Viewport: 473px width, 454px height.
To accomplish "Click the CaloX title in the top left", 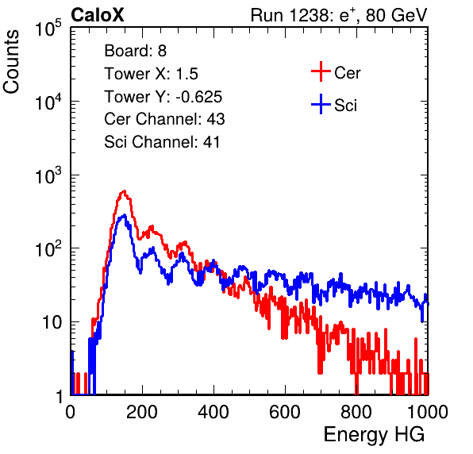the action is click(x=98, y=15).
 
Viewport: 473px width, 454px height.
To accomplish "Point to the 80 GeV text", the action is click(x=397, y=15).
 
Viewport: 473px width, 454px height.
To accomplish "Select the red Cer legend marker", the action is click(x=321, y=71).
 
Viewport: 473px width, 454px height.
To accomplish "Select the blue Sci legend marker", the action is click(x=321, y=104).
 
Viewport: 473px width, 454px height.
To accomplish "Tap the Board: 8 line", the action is click(x=135, y=51).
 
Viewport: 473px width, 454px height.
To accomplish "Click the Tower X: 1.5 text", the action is click(x=151, y=74).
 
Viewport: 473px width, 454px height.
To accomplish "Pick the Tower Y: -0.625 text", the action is click(x=163, y=97).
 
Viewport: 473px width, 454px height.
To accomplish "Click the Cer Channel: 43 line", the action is click(x=164, y=119).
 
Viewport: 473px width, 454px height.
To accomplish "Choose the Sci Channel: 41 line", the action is click(x=162, y=142).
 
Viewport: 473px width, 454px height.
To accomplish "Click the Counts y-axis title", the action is click(x=11, y=62).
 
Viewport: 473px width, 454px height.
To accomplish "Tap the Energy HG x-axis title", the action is click(x=374, y=435).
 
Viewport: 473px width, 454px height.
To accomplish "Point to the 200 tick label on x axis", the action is click(x=142, y=412).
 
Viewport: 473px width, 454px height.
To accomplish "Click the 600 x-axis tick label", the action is click(x=285, y=412).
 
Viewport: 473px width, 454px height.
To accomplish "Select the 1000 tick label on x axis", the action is click(x=428, y=412).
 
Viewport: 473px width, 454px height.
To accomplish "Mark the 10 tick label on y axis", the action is click(x=52, y=322).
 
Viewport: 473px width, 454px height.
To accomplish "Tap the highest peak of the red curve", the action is click(x=124, y=191).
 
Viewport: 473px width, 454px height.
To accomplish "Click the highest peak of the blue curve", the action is click(x=124, y=215).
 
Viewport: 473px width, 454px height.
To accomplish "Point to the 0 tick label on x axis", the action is click(x=71, y=412).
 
